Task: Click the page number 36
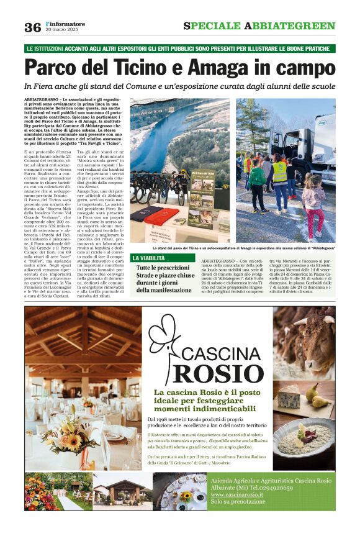tap(32, 26)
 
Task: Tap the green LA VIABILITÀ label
tap(149, 258)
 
